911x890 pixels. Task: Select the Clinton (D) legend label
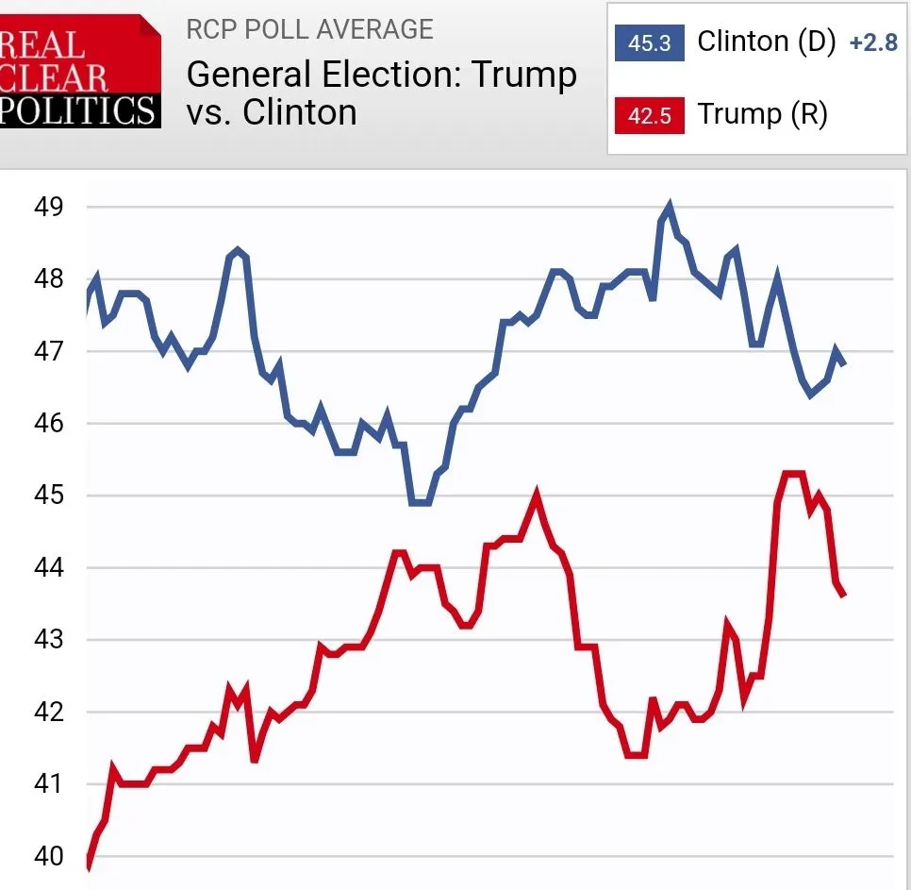(x=766, y=42)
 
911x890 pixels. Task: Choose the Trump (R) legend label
(x=762, y=115)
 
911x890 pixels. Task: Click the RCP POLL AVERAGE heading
(x=309, y=29)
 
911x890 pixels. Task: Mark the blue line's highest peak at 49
(x=670, y=205)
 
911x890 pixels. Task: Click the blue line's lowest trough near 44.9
(x=421, y=502)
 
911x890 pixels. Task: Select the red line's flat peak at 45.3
(x=792, y=473)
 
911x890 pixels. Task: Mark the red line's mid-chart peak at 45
(x=538, y=495)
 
